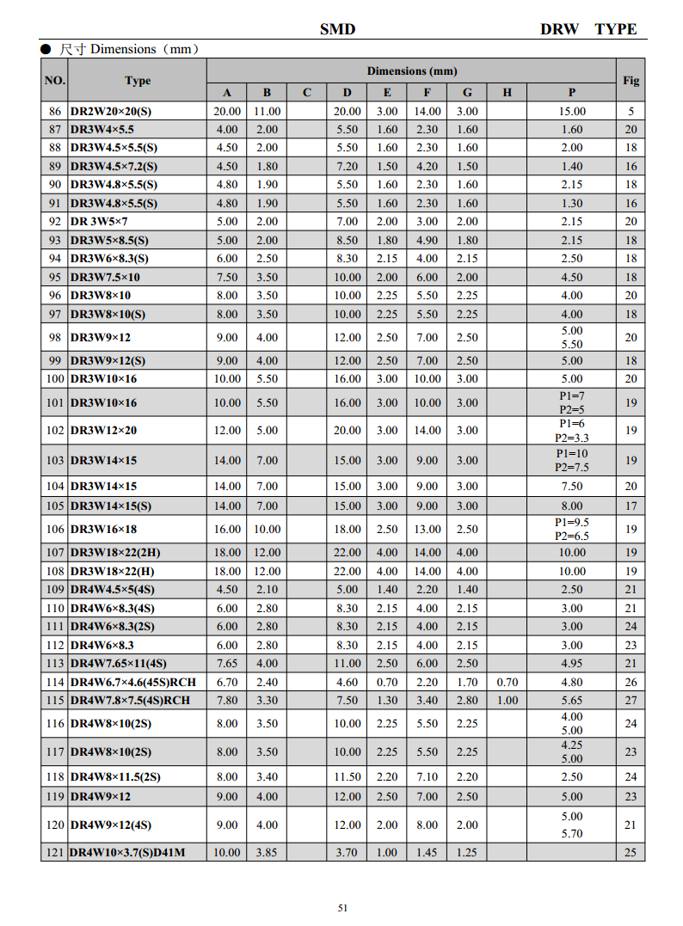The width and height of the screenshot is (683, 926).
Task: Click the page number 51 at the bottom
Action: [342, 908]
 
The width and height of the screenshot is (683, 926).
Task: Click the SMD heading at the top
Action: [337, 29]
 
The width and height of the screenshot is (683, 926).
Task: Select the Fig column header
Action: [631, 80]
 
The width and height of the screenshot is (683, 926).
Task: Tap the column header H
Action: [507, 93]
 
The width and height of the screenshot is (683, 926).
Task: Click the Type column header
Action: [138, 80]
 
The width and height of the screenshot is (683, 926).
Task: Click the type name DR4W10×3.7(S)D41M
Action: [126, 852]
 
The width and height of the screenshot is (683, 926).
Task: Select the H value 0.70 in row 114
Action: [507, 682]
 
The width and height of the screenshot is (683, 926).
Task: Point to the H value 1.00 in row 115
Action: [507, 700]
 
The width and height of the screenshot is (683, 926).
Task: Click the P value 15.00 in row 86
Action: [572, 112]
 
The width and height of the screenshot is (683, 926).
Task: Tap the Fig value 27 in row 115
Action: [631, 700]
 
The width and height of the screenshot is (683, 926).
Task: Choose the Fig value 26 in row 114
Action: [631, 682]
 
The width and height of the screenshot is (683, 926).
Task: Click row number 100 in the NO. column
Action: [55, 378]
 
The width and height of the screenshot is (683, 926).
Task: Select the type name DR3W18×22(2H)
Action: [113, 553]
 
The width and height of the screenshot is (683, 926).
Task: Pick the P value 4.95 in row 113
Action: [572, 663]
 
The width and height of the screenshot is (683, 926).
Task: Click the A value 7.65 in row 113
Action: [227, 663]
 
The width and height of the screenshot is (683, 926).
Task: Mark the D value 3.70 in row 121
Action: [347, 852]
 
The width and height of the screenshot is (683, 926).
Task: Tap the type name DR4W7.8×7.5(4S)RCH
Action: [130, 700]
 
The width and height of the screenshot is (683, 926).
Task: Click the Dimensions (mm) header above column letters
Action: [412, 71]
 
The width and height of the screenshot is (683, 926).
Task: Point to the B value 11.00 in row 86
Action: [268, 112]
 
